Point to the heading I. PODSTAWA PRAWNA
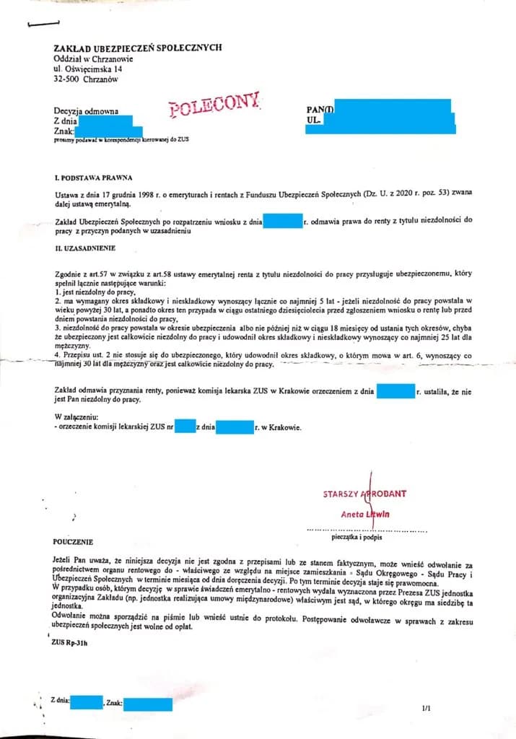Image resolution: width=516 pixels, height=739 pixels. pos(93,178)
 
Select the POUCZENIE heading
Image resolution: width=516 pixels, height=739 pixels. pos(74,540)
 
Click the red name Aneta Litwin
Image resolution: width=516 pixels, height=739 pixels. pos(365,514)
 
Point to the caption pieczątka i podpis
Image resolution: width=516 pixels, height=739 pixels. pos(357,537)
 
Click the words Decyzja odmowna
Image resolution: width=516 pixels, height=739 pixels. pos(85,110)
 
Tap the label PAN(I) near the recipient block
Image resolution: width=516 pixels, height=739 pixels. pos(318,110)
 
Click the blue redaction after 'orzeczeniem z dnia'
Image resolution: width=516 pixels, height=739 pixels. pos(395,392)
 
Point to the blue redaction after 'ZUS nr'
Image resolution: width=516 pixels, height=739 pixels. pos(186,427)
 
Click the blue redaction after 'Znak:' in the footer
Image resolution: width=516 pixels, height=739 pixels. pos(147,704)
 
